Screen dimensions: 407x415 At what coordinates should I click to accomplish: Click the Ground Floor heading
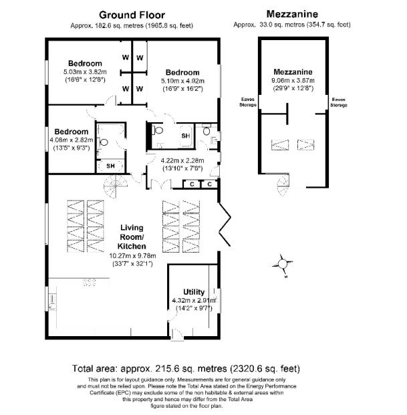tap(132, 15)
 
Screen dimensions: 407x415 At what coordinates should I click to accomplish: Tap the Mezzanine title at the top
tap(292, 14)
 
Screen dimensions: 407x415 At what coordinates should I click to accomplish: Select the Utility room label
tap(194, 292)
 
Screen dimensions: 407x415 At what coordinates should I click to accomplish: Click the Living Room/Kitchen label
tap(132, 237)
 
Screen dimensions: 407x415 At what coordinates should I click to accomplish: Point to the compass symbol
tap(283, 265)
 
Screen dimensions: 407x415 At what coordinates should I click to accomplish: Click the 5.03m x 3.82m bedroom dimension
tap(85, 72)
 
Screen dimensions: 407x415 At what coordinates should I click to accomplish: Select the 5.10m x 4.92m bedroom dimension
tap(182, 81)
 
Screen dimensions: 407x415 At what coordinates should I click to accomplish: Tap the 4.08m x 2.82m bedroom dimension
tap(72, 140)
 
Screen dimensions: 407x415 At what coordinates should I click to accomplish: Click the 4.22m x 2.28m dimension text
tap(182, 160)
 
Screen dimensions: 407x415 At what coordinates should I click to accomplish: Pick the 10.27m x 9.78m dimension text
tap(132, 256)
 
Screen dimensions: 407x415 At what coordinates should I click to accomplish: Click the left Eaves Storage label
tap(248, 102)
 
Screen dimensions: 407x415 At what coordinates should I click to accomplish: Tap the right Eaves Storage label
tap(339, 102)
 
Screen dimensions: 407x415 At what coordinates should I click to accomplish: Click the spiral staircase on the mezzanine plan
tap(283, 185)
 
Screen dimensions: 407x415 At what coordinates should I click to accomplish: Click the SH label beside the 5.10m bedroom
tap(186, 136)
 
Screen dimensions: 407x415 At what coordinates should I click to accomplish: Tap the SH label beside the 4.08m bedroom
tap(110, 166)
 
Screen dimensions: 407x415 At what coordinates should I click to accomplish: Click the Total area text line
tap(186, 368)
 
